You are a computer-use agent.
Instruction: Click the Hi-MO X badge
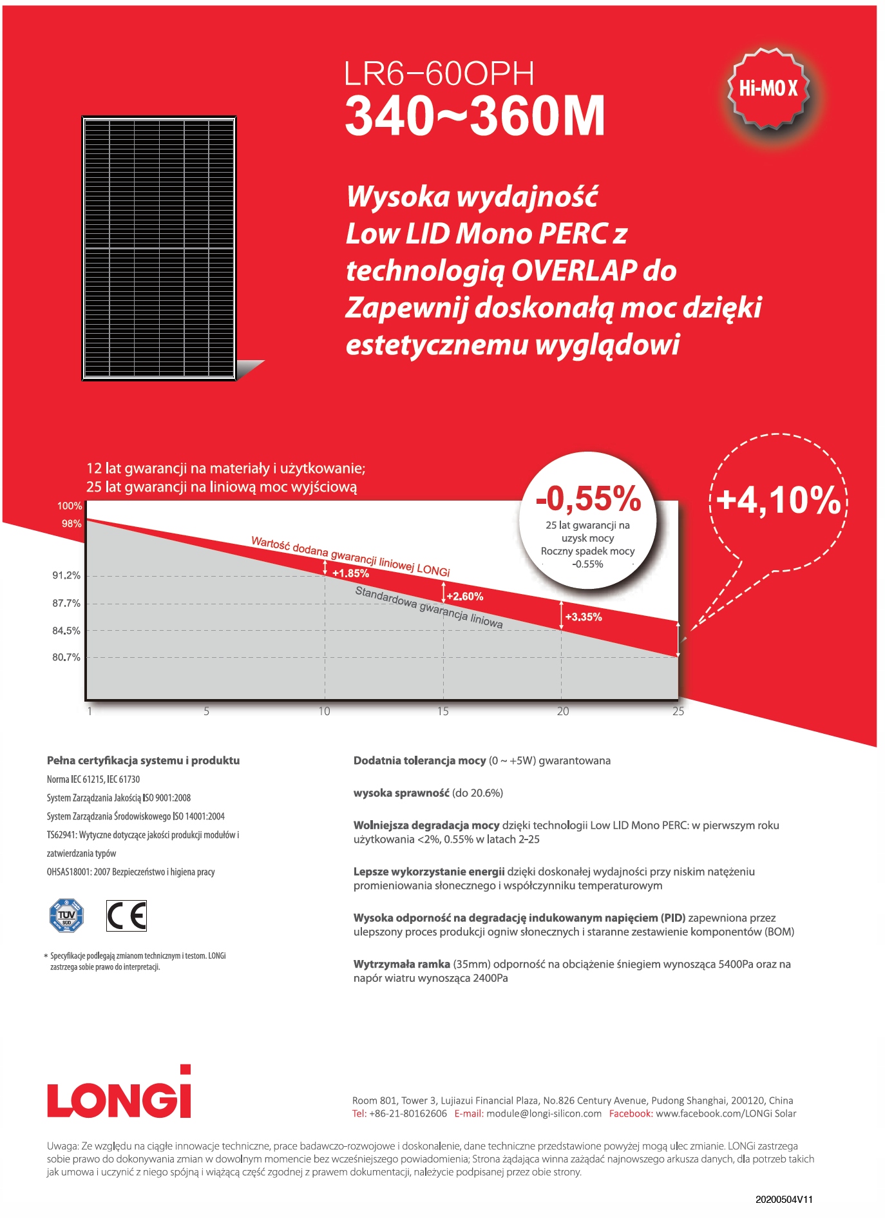768,88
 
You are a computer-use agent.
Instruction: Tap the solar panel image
159,249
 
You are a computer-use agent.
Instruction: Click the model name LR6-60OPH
439,73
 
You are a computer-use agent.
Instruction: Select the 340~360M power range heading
475,116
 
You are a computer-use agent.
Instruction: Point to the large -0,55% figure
589,498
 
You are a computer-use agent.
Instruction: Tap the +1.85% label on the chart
350,573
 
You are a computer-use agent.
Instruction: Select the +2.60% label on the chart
465,597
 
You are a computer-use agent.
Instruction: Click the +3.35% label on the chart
584,617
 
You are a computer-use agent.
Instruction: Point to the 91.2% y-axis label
66,575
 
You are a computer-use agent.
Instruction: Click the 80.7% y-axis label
66,657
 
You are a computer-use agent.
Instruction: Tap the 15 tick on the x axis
443,711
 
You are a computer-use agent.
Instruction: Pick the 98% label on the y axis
71,524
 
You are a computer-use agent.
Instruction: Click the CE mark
126,916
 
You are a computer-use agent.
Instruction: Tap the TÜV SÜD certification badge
67,915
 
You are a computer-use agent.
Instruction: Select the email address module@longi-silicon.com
544,1113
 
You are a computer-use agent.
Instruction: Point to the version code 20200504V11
785,1200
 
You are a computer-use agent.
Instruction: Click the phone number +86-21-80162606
408,1113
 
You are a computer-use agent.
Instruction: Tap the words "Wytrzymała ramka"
402,964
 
